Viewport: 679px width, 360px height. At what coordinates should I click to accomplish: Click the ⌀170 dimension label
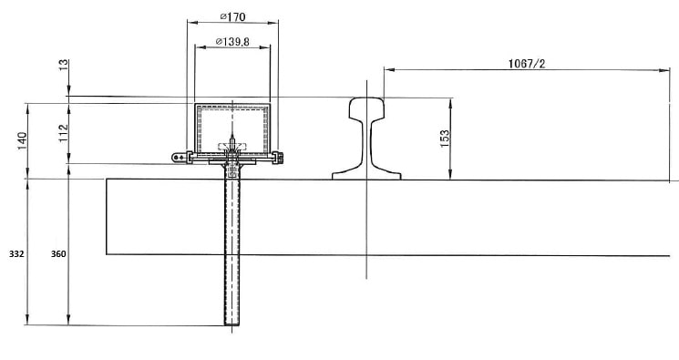click(232, 17)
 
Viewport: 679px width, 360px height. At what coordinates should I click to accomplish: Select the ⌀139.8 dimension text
click(232, 42)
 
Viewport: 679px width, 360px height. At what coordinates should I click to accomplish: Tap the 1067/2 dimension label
click(527, 64)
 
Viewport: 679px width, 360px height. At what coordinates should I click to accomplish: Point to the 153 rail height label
click(445, 139)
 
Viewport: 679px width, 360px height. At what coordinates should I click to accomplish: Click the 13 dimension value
click(64, 65)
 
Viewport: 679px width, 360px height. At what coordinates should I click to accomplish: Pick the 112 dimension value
click(64, 133)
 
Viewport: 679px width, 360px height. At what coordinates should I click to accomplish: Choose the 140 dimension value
click(22, 141)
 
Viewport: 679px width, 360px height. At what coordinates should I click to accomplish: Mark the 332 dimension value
click(16, 254)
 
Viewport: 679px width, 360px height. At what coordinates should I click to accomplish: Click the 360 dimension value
click(58, 254)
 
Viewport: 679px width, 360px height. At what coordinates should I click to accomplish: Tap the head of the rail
click(366, 108)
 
